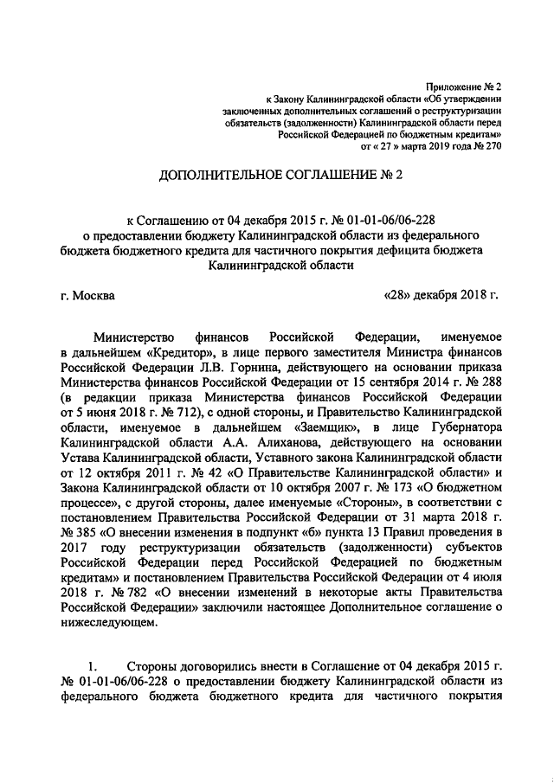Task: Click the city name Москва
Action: (93, 295)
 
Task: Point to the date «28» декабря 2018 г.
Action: (441, 295)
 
